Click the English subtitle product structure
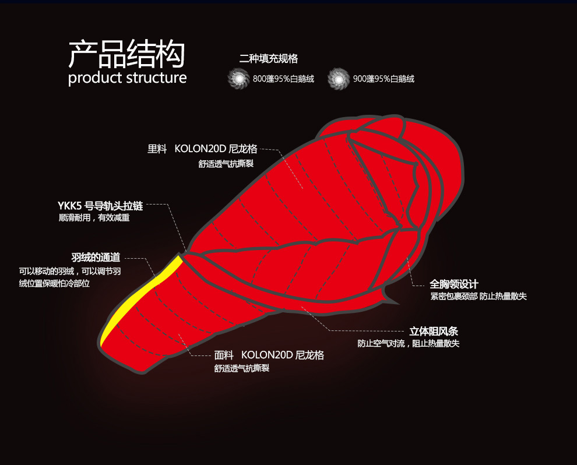tap(127, 77)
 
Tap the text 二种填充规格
tap(268, 59)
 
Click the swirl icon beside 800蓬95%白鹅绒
tap(238, 79)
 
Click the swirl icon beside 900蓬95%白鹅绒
tap(338, 79)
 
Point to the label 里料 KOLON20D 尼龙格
tap(202, 149)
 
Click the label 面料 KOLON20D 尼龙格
tap(269, 355)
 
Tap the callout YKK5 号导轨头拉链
tap(100, 206)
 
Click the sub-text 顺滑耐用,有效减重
tap(94, 218)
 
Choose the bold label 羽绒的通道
tap(96, 257)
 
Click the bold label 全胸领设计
tap(454, 284)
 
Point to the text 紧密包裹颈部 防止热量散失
tap(478, 297)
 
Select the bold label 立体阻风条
tap(434, 332)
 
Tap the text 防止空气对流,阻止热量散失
tap(408, 344)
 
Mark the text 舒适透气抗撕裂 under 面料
tap(241, 368)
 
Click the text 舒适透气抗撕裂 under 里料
tap(226, 164)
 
